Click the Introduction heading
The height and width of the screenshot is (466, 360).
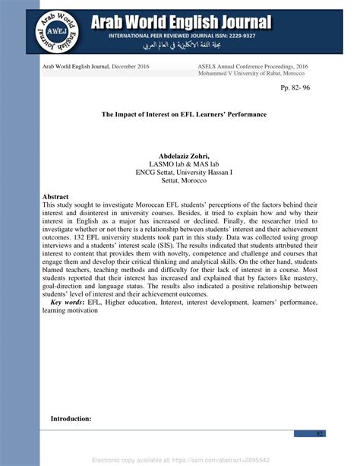coord(71,419)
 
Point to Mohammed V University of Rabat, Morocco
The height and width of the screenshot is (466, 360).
coord(251,75)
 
